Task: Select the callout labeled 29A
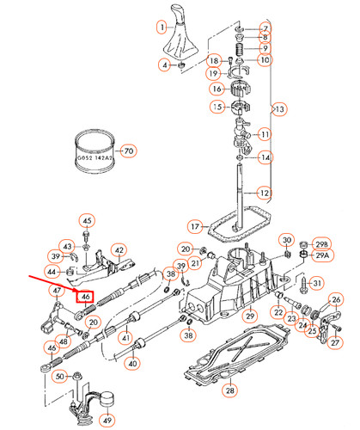[321, 256]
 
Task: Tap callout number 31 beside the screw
[317, 283]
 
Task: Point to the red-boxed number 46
[85, 298]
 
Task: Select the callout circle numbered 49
[107, 421]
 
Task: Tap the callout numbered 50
[58, 376]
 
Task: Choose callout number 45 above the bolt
[86, 221]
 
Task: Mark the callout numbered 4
[164, 64]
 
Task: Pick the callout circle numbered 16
[217, 89]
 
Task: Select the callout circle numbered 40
[132, 364]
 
